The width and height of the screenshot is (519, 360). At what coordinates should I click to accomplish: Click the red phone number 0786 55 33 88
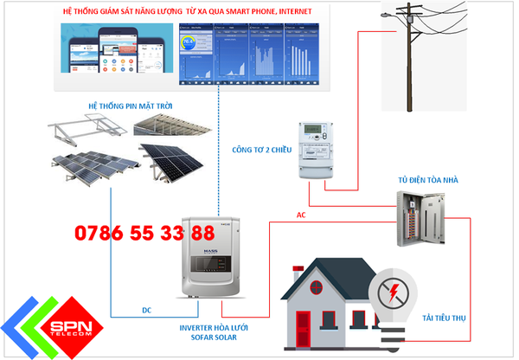(x=144, y=234)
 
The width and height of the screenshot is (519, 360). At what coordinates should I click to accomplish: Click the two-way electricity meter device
(x=318, y=149)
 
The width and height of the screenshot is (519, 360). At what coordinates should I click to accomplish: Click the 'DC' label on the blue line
(x=147, y=309)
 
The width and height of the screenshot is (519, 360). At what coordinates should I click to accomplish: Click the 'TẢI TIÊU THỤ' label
(x=445, y=318)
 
